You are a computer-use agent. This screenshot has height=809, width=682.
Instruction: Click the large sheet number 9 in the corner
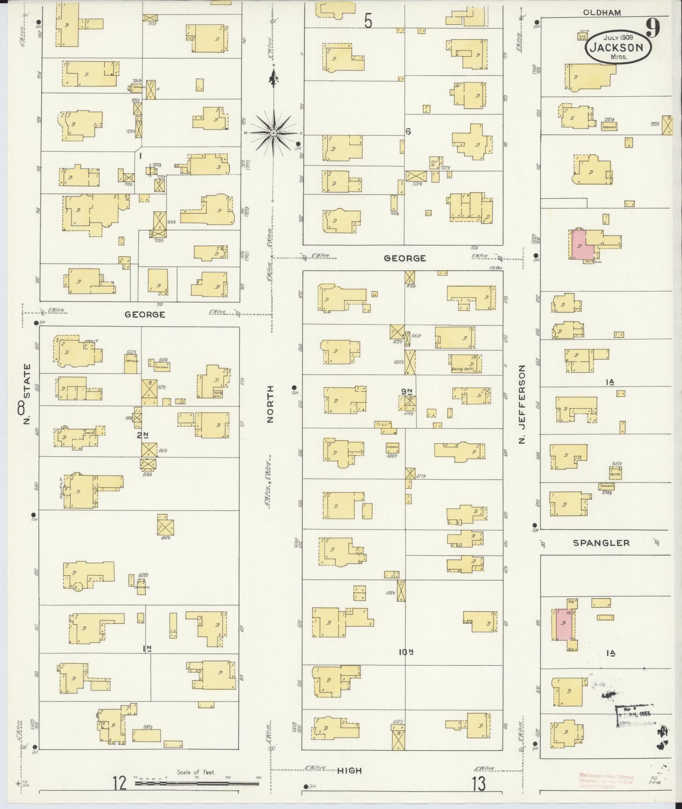point(653,29)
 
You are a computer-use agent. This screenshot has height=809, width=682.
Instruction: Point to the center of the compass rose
point(274,133)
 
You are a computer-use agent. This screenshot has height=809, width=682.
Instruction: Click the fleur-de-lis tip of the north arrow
point(274,77)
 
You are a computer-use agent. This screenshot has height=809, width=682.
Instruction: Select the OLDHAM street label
point(602,13)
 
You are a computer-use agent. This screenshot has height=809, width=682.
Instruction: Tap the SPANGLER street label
point(601,543)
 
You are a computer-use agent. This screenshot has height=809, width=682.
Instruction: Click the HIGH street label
point(350,771)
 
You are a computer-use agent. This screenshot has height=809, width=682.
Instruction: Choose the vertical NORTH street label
point(271,404)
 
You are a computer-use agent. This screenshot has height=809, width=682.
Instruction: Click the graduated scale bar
point(197,783)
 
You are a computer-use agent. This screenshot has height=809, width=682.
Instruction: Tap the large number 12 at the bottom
point(120,783)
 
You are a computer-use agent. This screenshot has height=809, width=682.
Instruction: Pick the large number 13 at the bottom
point(479,784)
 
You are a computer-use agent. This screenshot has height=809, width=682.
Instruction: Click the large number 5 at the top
point(368,21)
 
